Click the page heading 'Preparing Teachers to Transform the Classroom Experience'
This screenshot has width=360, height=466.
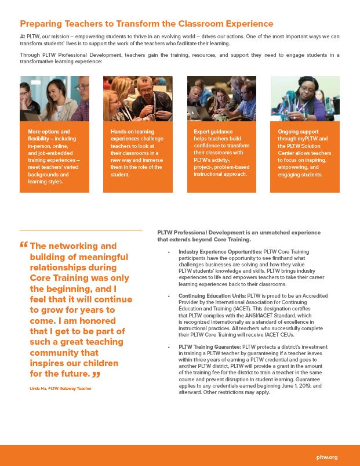click(146, 24)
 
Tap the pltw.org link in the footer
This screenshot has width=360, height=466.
click(328, 457)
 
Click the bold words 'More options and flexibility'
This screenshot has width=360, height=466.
click(49, 136)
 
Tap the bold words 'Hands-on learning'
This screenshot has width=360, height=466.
click(133, 132)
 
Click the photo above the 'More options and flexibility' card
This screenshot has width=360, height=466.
click(54, 98)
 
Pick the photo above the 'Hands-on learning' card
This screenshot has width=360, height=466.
click(138, 98)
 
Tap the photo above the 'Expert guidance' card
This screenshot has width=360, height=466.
click(221, 98)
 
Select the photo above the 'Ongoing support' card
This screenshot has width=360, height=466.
click(305, 98)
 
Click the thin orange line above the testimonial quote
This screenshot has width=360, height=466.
click(81, 230)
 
